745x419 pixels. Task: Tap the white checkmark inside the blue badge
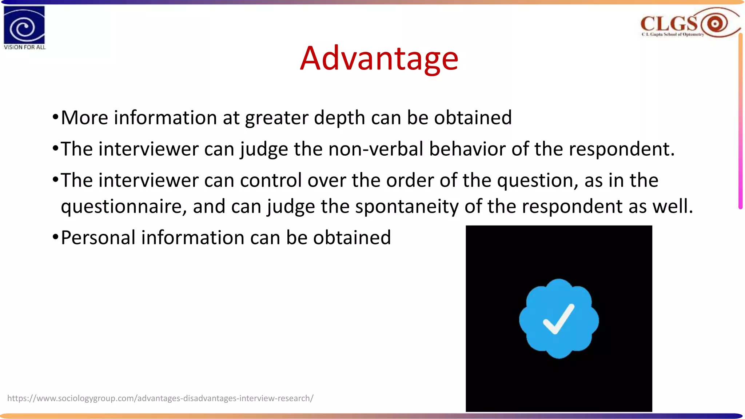pyautogui.click(x=558, y=319)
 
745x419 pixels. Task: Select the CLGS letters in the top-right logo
pyautogui.click(x=669, y=24)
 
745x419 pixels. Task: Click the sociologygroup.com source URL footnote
pyautogui.click(x=160, y=398)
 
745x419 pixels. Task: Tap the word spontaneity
pyautogui.click(x=407, y=206)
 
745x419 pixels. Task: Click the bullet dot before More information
pyautogui.click(x=55, y=117)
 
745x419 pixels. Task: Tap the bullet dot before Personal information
pyautogui.click(x=55, y=238)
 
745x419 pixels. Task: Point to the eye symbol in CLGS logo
pyautogui.click(x=715, y=24)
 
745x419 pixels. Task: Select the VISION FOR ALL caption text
pyautogui.click(x=25, y=47)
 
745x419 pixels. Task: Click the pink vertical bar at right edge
pyautogui.click(x=740, y=120)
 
